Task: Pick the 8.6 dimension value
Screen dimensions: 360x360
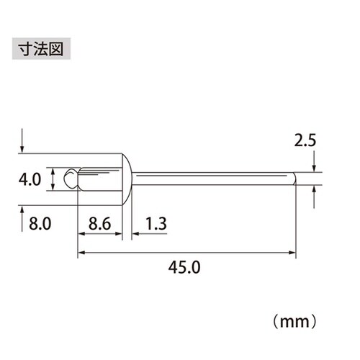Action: pyautogui.click(x=99, y=224)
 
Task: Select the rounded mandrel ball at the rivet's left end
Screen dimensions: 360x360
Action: pyautogui.click(x=69, y=179)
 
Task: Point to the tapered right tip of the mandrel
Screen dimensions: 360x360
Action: pyautogui.click(x=293, y=179)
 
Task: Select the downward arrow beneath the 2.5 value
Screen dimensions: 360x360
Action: pyautogui.click(x=315, y=167)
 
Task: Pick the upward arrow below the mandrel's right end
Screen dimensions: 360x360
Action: pyautogui.click(x=315, y=194)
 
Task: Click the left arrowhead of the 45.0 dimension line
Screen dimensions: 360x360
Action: pyautogui.click(x=81, y=252)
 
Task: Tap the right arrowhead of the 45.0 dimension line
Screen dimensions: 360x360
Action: pyautogui.click(x=293, y=252)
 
